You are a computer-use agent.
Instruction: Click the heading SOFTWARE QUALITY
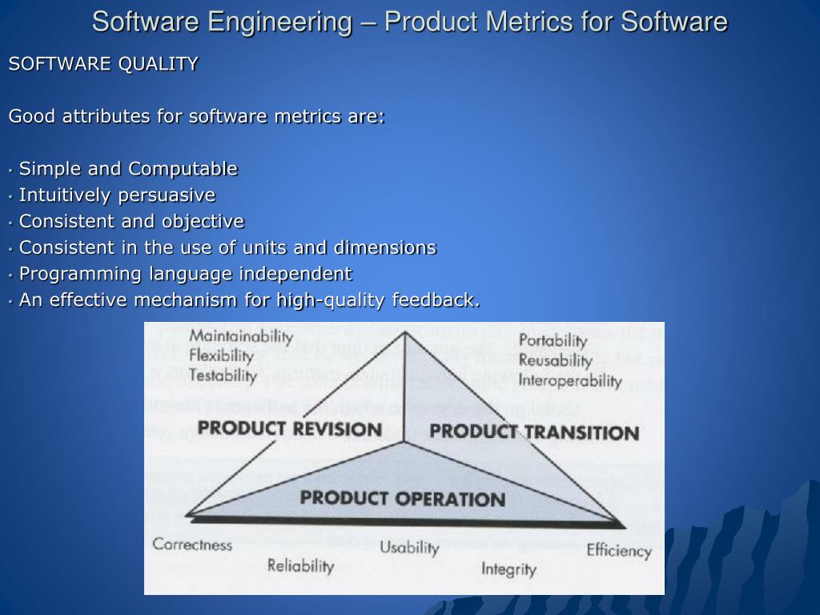coord(103,64)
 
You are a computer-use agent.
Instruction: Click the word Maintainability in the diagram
coord(228,336)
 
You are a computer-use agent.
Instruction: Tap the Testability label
coord(223,375)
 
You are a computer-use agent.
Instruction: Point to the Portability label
coord(553,340)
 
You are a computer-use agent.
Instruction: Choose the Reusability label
coord(555,360)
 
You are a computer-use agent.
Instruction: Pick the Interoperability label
coord(569,380)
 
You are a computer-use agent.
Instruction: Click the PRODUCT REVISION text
coord(289,428)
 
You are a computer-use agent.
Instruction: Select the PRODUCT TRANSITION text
coord(533,432)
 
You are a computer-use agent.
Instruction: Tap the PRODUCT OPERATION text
coord(402,498)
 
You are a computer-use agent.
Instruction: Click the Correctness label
coord(192,545)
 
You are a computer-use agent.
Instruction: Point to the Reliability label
coord(300,565)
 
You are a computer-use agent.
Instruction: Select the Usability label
coord(409,548)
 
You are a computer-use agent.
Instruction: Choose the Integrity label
coord(508,569)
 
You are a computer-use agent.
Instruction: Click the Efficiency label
coord(618,550)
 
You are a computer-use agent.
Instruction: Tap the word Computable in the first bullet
coord(183,169)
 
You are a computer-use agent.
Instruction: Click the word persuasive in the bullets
coord(167,195)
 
